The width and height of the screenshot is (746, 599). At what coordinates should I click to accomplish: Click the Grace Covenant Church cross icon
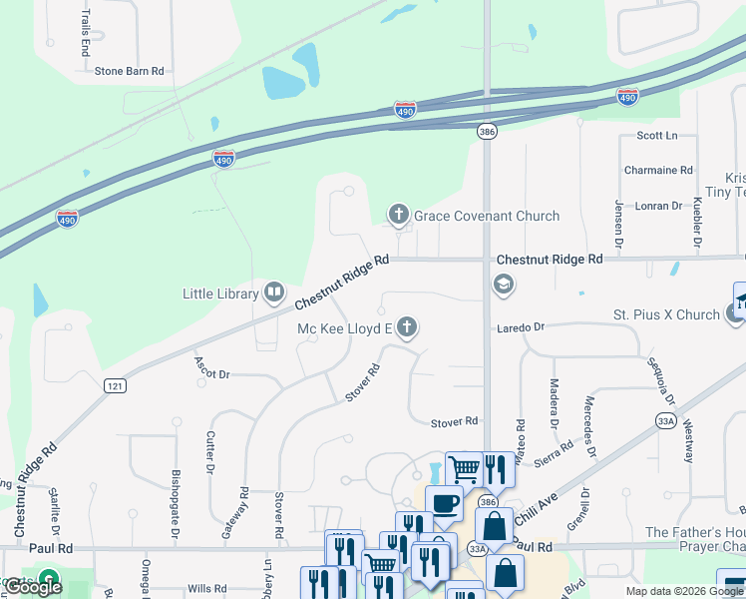[x=399, y=214]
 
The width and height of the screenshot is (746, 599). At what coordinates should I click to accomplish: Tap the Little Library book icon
[x=274, y=293]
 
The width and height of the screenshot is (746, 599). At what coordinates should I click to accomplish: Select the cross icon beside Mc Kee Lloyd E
[x=406, y=326]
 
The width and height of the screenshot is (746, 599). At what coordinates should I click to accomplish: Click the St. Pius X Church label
[x=665, y=314]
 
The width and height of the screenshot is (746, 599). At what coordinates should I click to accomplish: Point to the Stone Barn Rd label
[x=129, y=71]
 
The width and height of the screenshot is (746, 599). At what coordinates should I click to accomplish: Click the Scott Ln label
[x=656, y=135]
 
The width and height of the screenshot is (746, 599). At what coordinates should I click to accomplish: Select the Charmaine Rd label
[x=658, y=171]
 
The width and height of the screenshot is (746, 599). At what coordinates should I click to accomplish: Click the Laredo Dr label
[x=520, y=326]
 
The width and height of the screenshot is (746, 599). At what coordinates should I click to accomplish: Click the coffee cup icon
[x=444, y=502]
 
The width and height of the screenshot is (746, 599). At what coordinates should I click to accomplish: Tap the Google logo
[x=33, y=587]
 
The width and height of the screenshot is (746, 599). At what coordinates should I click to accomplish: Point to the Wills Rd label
[x=206, y=589]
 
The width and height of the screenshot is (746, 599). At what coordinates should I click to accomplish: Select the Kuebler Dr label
[x=696, y=221]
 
